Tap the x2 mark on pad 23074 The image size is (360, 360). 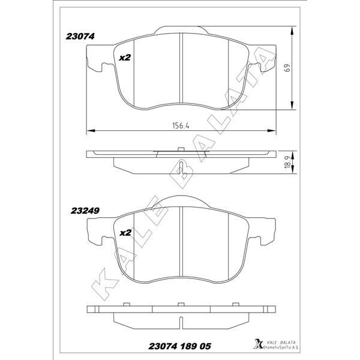(125, 58)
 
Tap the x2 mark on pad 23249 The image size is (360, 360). (125, 232)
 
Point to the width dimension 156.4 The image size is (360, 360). (181, 126)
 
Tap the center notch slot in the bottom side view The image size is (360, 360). (181, 307)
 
